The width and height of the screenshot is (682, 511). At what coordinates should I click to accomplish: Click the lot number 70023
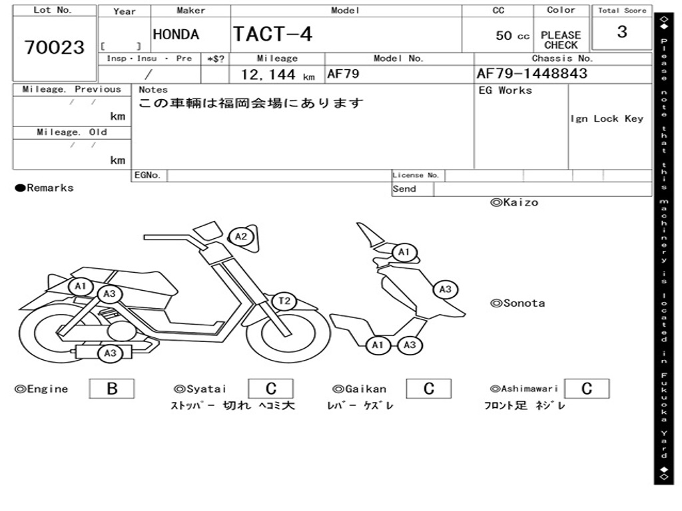point(55,47)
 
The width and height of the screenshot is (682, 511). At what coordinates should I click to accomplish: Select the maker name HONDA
point(176,35)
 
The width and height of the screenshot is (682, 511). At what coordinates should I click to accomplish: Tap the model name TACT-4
point(272,34)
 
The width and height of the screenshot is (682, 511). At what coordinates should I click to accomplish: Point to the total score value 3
point(621,32)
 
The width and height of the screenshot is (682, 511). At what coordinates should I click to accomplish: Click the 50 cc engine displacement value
point(512,36)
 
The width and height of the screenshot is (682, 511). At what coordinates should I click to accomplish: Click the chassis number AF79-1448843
point(532,73)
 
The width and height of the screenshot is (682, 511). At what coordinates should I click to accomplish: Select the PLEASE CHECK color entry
point(560,40)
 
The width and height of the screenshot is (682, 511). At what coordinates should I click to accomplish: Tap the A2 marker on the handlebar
point(241,236)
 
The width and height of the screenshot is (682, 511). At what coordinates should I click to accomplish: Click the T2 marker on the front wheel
point(284,301)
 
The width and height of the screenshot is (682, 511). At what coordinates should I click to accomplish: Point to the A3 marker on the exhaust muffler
point(111,353)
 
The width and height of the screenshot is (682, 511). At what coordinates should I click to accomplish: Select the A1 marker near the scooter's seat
point(81,287)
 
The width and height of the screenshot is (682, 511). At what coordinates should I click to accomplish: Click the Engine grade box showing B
point(111,389)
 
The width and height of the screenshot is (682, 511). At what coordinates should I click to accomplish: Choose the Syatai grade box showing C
point(270,389)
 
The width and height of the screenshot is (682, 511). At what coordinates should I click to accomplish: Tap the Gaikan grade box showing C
point(429,389)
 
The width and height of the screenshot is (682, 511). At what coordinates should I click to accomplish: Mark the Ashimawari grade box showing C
point(586,389)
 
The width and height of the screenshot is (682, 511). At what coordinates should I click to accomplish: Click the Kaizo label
point(514,202)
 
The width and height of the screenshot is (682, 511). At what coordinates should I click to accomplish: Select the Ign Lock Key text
point(607,118)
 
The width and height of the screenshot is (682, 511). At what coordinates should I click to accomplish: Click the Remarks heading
point(45,188)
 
